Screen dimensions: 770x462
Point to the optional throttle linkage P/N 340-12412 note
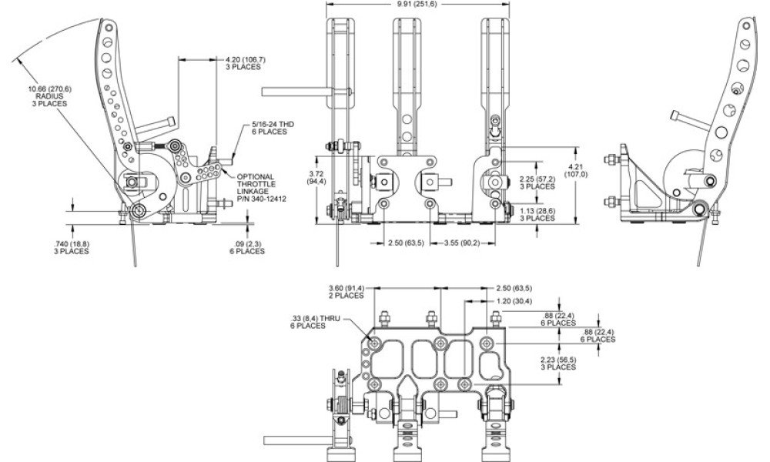(x=261, y=188)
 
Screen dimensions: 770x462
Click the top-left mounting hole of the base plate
(x=376, y=343)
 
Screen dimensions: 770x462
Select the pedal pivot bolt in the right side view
(x=700, y=209)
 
